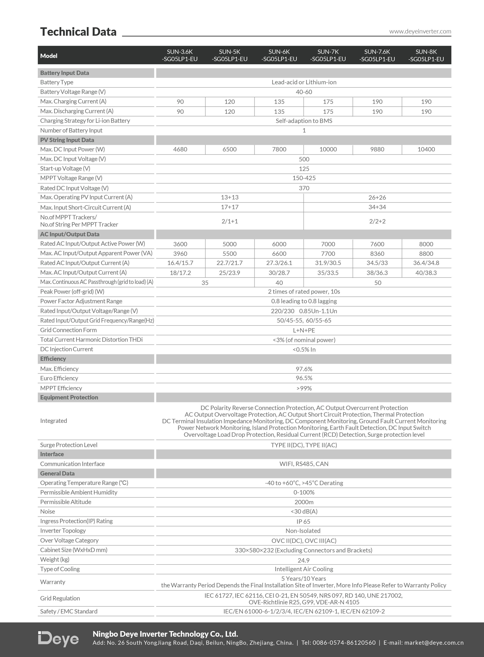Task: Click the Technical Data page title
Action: pos(78,32)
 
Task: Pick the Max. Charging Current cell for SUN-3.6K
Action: pos(180,102)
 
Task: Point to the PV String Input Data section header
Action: pos(67,140)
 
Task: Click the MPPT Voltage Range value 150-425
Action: pos(304,178)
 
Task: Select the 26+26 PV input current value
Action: pos(377,197)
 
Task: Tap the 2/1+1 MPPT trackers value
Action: pos(230,221)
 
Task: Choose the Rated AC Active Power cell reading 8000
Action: pos(426,244)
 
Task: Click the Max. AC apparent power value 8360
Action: pos(377,254)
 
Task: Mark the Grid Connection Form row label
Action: pos(68,330)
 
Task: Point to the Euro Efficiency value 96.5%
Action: pos(304,378)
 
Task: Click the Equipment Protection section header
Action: pos(69,397)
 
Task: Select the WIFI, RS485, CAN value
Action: pos(304,464)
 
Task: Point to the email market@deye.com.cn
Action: pos(434,643)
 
